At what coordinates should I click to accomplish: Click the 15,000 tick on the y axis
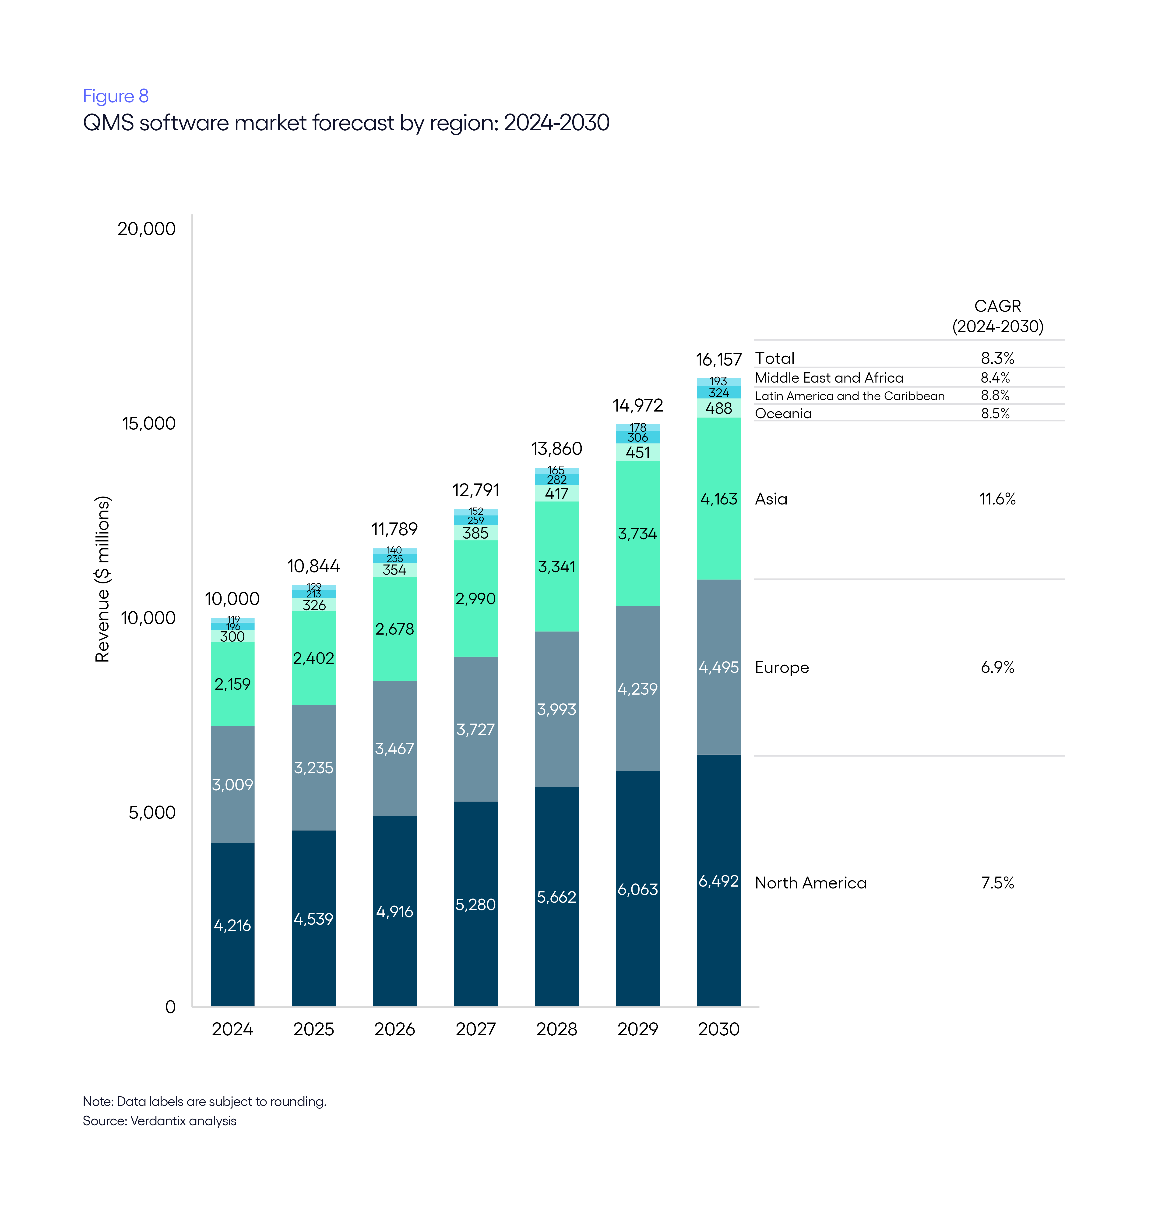(149, 424)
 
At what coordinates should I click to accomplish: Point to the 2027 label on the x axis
(475, 1030)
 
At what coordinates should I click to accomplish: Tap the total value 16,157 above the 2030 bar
(718, 359)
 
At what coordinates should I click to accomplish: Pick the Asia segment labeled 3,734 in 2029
(638, 534)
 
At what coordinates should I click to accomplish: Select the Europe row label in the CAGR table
(781, 668)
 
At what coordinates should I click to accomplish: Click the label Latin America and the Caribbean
(849, 396)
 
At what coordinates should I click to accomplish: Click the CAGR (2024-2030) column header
(997, 316)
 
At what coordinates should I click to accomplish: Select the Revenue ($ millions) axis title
(102, 579)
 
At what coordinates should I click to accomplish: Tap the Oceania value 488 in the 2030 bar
(718, 408)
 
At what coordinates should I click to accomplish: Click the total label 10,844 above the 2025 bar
(313, 566)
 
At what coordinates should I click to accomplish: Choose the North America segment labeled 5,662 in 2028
(556, 897)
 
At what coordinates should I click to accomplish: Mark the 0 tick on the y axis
(170, 1007)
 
